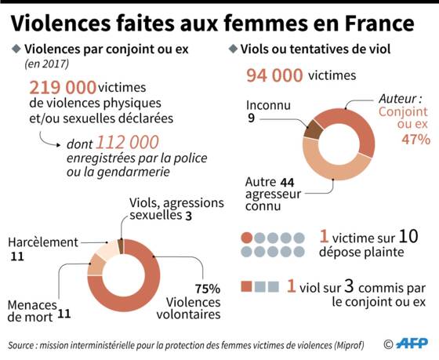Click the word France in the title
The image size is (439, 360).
[x=379, y=24]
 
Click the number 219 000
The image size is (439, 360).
[x=63, y=87]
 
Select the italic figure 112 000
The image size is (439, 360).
[x=127, y=142]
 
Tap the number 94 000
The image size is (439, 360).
[x=274, y=75]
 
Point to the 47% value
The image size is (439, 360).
[x=416, y=140]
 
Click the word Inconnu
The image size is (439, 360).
[x=268, y=105]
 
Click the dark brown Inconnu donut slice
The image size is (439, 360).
[x=314, y=129]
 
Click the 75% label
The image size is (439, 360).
[x=208, y=289]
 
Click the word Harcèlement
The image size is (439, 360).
[x=43, y=242]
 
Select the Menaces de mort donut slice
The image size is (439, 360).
[x=96, y=265]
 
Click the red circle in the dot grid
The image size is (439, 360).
[x=247, y=238]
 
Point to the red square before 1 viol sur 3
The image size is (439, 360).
[x=246, y=286]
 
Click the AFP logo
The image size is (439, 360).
[x=412, y=344]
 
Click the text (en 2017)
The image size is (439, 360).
[x=47, y=64]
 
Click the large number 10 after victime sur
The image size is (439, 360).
[x=408, y=236]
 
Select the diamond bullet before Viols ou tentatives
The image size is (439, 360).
[x=233, y=49]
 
